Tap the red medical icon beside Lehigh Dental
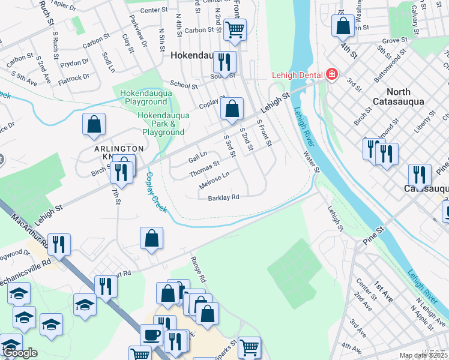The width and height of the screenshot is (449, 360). click(x=330, y=74)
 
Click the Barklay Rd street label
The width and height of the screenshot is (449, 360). click(x=224, y=197)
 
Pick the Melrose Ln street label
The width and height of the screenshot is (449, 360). click(x=214, y=179)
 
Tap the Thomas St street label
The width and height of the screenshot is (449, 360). click(x=205, y=168)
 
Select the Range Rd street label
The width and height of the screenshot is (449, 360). click(x=197, y=269)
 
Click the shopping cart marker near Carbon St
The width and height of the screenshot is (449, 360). click(x=235, y=28)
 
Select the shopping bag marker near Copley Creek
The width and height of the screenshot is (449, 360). click(x=152, y=238)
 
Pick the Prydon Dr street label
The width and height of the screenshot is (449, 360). click(x=74, y=62)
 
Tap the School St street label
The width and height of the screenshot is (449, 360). click(x=184, y=85)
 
